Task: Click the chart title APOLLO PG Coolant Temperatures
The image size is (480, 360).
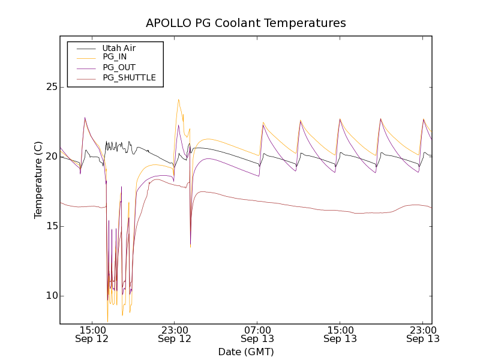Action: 246,23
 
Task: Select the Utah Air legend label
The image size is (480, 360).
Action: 119,48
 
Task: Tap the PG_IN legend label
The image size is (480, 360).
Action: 115,57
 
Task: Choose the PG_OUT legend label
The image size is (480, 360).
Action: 119,67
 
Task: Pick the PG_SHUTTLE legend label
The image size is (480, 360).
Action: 129,77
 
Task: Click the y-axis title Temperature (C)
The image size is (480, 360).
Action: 38,180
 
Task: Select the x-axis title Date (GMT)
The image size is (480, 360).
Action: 246,352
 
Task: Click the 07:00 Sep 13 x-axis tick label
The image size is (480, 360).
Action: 257,334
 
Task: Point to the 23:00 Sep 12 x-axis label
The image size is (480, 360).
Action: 175,334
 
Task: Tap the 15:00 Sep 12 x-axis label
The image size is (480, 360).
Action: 92,334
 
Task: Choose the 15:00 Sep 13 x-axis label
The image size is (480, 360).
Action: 340,334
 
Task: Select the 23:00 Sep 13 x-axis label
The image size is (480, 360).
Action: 422,334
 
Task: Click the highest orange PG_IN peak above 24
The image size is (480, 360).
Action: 178,100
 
